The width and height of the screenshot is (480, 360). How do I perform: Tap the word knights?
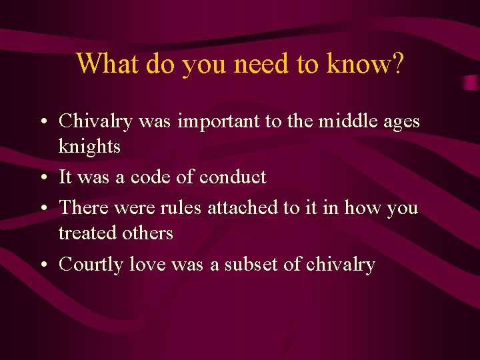pyautogui.click(x=89, y=147)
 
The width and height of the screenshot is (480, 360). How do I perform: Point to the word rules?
pyautogui.click(x=181, y=208)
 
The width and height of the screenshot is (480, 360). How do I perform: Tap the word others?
pyautogui.click(x=150, y=233)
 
